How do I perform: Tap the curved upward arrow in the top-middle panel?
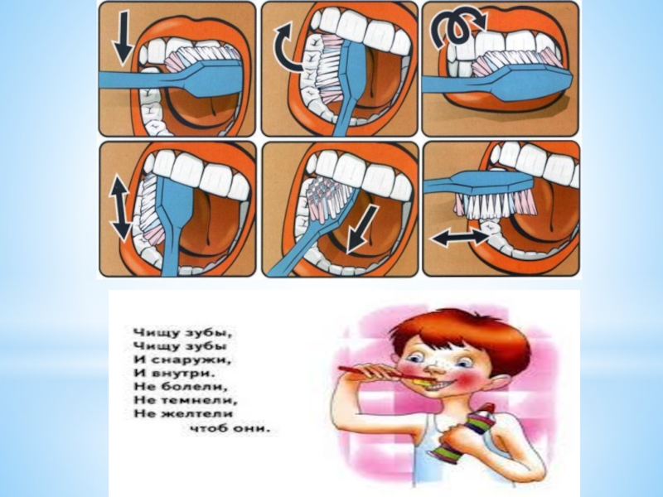[x=283, y=47]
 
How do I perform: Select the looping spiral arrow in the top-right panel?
[x=456, y=27]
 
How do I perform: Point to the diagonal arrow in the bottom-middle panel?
[x=361, y=229]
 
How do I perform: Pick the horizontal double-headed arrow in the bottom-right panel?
[x=461, y=237]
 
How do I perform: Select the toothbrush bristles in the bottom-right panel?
[x=495, y=205]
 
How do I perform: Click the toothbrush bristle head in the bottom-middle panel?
[x=328, y=198]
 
